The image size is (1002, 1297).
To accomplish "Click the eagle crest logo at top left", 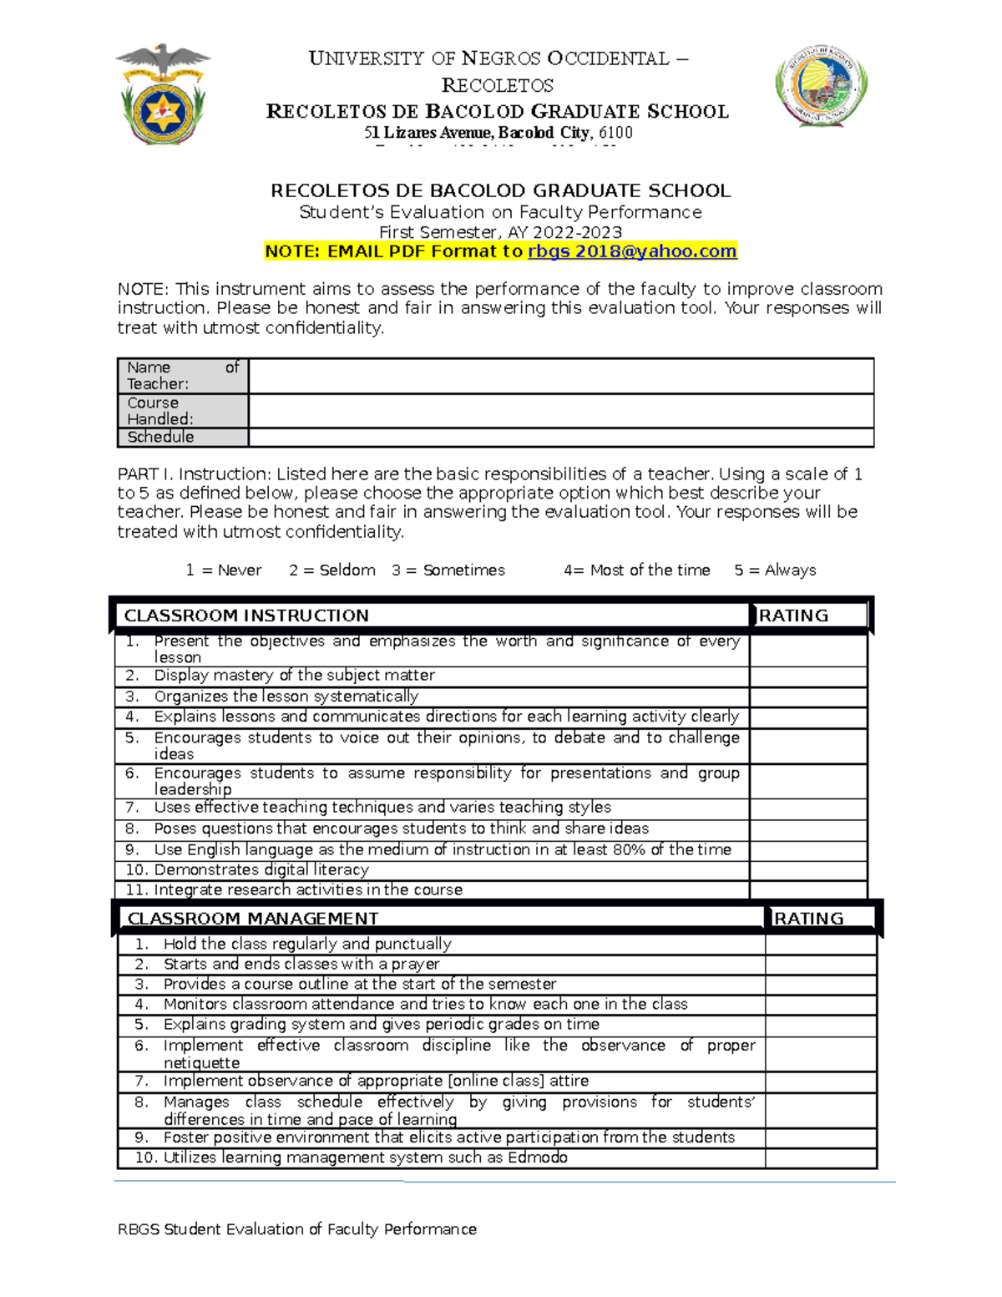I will (x=163, y=94).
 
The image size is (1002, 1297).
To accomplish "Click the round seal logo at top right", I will (x=821, y=86).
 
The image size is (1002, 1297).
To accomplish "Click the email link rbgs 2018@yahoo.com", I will (x=632, y=251).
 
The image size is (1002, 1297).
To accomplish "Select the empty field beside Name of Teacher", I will (x=560, y=376).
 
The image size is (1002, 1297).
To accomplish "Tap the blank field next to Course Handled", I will (x=560, y=411).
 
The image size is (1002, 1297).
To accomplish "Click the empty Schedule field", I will (x=560, y=438).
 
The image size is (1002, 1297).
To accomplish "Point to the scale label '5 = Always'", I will (x=775, y=570).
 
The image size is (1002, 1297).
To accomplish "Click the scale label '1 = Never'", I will (x=223, y=570).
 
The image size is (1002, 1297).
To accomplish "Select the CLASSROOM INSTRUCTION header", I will (x=246, y=616).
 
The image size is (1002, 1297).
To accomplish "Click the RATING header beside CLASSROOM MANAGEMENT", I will (x=808, y=919).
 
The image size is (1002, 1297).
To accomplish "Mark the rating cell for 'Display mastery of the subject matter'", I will (x=807, y=676).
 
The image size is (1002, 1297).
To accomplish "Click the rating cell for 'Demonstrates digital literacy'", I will (x=807, y=870).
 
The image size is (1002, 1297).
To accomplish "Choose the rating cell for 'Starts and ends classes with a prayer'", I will (x=820, y=965).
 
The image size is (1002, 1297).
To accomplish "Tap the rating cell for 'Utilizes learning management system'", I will (x=820, y=1158).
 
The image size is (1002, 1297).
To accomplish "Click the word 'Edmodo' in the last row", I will (x=537, y=1158).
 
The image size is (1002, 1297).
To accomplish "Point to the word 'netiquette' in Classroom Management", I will (x=201, y=1063).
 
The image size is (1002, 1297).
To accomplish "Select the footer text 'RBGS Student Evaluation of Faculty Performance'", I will (x=297, y=1229).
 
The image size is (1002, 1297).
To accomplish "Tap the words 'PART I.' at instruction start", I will (x=145, y=474).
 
